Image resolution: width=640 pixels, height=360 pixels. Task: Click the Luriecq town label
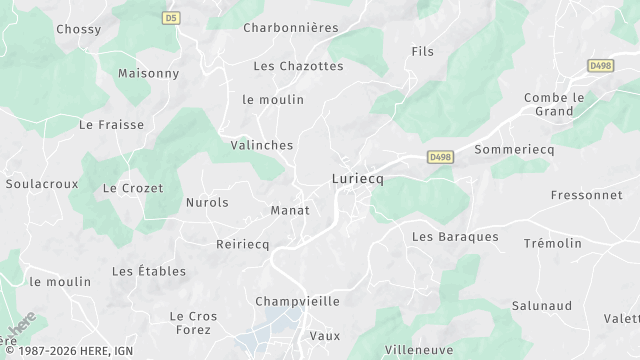coord(357,178)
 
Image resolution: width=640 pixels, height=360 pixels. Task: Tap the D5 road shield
coord(171,18)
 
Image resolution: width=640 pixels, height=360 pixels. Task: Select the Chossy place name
coord(78,29)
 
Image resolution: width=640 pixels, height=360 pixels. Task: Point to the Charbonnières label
coord(291,28)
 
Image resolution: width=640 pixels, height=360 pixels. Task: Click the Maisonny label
coord(148,74)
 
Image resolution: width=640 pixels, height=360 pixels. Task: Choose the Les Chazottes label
coord(298,66)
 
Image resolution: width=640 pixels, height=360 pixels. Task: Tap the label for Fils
coord(423,51)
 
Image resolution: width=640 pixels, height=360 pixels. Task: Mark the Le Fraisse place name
coord(111,125)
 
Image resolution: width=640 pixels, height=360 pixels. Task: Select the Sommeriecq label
coord(514,148)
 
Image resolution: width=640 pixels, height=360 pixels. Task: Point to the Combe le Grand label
coord(554,104)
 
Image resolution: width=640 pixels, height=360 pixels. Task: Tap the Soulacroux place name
coord(42,184)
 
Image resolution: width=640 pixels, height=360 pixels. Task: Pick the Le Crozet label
coord(133,188)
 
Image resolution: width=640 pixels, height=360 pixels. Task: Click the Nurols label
coord(207,202)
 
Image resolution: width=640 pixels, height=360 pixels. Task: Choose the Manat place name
coord(290,210)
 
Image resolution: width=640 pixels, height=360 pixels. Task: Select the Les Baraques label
coord(455,237)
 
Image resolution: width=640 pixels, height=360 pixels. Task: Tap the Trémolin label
coord(552,243)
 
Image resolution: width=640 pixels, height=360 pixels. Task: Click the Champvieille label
coord(297,301)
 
